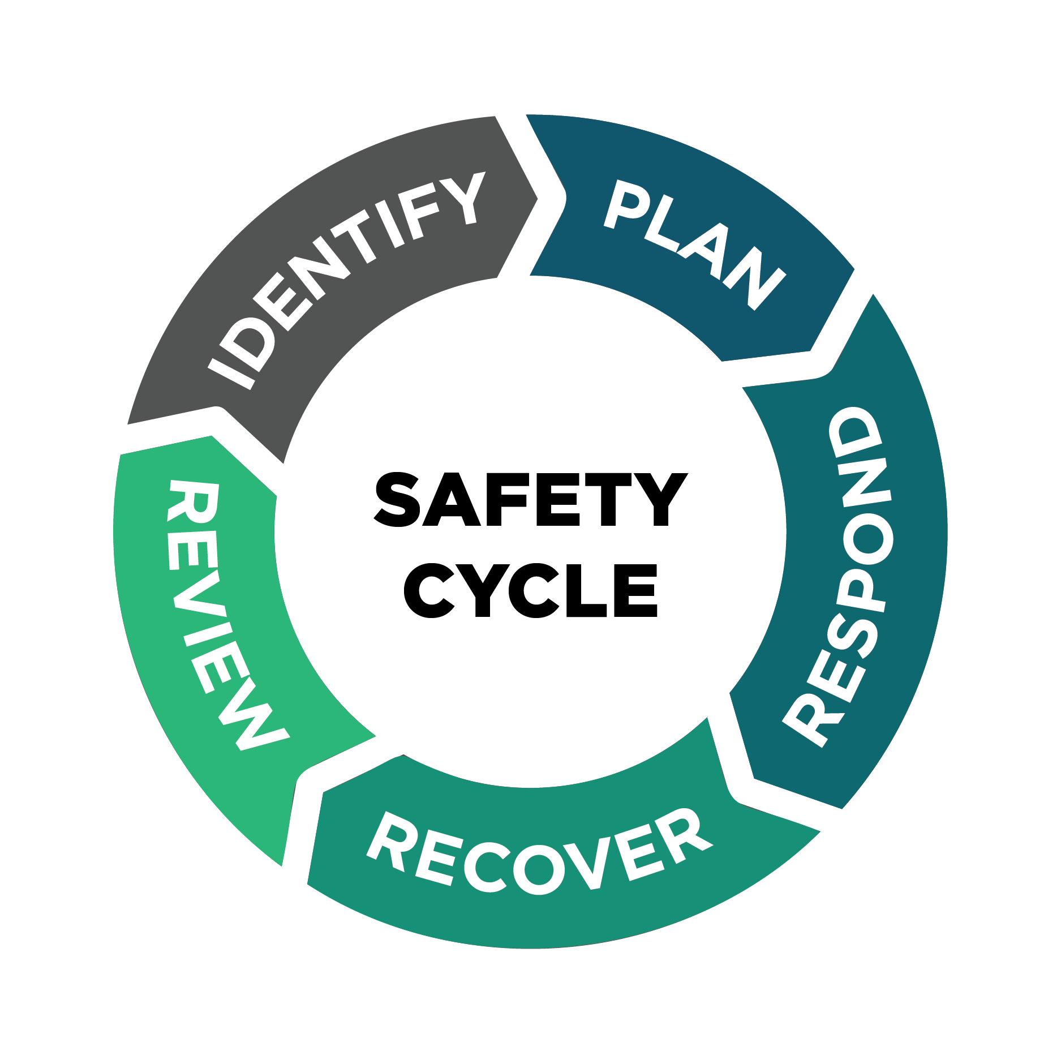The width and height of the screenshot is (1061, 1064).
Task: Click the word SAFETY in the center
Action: tap(531, 500)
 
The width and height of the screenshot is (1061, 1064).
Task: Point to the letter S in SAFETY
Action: tap(398, 500)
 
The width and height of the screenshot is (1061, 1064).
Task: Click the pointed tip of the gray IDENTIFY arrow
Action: tap(538, 199)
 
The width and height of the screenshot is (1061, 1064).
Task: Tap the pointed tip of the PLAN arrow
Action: tap(854, 269)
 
